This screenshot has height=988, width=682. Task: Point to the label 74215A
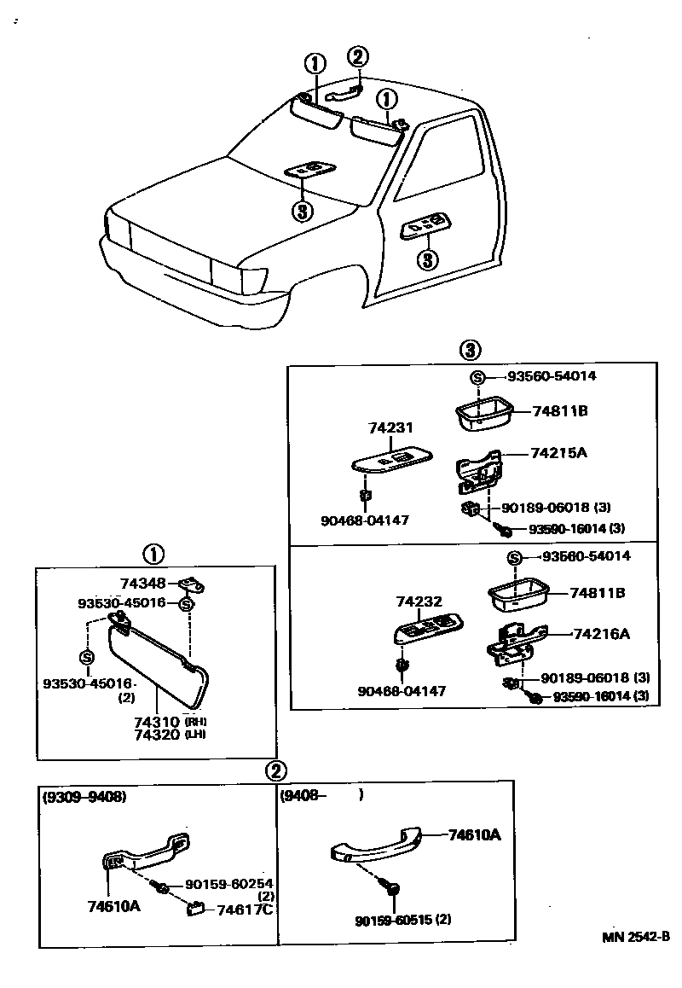pos(559,452)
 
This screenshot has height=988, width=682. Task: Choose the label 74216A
pos(601,634)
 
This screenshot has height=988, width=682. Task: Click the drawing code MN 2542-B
pos(636,937)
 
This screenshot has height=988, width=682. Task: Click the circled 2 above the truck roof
pos(357,58)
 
